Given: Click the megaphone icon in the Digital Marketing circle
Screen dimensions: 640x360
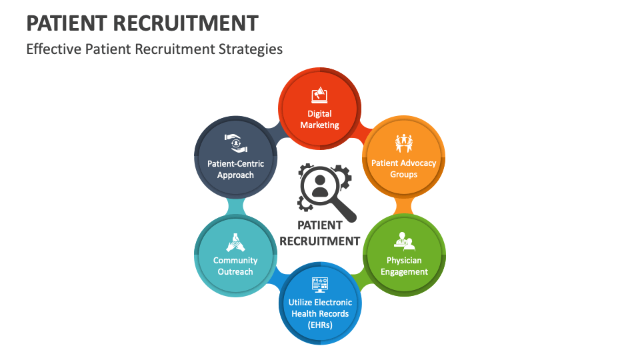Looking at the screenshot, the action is tap(319, 95).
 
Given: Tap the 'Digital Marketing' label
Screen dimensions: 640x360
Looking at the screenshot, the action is tap(319, 119).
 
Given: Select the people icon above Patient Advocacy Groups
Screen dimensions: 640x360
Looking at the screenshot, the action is tap(403, 143).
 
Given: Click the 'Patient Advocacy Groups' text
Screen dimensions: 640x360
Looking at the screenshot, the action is tap(403, 169).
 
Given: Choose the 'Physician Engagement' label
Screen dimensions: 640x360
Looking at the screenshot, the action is tap(403, 266).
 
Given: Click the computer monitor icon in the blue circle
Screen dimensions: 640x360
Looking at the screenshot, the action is tap(319, 285).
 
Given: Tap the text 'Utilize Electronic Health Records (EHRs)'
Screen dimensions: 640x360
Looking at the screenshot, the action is tap(319, 313).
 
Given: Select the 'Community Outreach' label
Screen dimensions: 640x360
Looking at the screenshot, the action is tap(235, 266).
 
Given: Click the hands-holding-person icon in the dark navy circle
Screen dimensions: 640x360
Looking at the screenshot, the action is tap(235, 143).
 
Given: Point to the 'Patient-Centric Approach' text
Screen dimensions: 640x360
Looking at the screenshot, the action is tap(235, 169).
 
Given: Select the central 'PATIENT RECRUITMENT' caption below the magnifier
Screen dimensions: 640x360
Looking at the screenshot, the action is tap(320, 233).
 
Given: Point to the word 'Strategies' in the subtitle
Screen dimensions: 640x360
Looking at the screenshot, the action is tap(249, 49).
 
